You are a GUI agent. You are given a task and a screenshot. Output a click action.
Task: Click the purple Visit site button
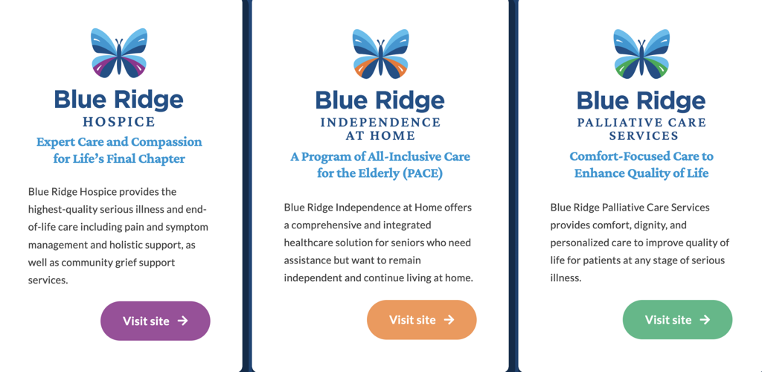click(x=155, y=321)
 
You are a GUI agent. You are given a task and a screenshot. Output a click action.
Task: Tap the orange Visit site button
click(x=421, y=320)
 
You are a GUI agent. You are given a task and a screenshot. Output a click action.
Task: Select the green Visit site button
click(x=677, y=320)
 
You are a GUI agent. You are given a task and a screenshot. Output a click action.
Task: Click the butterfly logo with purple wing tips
click(x=119, y=54)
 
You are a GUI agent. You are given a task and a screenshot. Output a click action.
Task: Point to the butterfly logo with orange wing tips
click(x=380, y=54)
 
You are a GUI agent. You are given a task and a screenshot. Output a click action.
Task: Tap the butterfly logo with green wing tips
click(x=641, y=54)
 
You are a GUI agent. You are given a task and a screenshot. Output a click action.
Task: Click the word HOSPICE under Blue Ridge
click(x=119, y=122)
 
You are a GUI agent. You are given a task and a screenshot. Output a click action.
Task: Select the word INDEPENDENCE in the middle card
click(x=380, y=122)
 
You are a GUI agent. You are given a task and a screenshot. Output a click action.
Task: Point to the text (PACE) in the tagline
click(x=420, y=174)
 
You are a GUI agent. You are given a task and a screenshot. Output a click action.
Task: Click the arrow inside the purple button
click(x=183, y=321)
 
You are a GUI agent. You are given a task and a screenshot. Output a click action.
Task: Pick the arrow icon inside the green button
click(x=705, y=320)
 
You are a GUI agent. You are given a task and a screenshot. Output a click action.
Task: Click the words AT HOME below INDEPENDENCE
click(x=380, y=135)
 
